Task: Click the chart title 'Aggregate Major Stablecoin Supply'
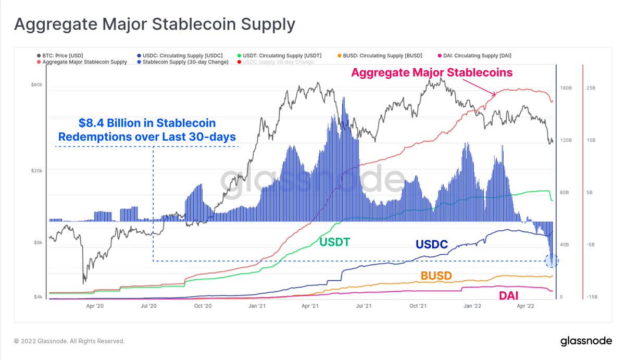click(154, 24)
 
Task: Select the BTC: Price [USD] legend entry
click(60, 55)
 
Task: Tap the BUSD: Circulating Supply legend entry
click(379, 55)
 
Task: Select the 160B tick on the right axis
click(566, 88)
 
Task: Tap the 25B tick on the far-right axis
click(591, 88)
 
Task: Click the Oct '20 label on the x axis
click(202, 307)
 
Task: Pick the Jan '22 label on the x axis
click(472, 307)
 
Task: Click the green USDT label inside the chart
click(334, 242)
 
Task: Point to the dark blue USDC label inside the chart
click(432, 244)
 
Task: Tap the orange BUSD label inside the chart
click(436, 276)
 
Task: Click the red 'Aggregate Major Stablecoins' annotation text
click(432, 72)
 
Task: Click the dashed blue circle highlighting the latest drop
click(552, 260)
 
